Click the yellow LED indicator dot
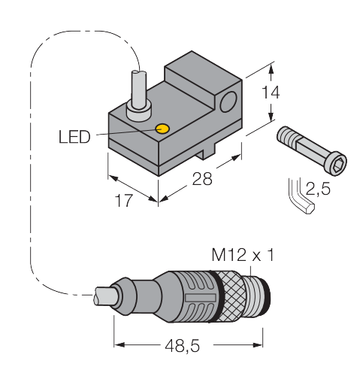pyautogui.click(x=162, y=129)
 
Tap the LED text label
pyautogui.click(x=74, y=137)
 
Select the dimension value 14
pyautogui.click(x=271, y=92)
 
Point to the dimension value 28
pyautogui.click(x=202, y=179)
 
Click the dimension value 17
pyautogui.click(x=123, y=201)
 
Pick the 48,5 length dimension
pyautogui.click(x=183, y=346)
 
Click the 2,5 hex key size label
pyautogui.click(x=318, y=188)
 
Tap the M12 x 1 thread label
pyautogui.click(x=243, y=255)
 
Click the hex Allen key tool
pyautogui.click(x=301, y=198)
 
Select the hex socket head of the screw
pyautogui.click(x=336, y=163)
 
